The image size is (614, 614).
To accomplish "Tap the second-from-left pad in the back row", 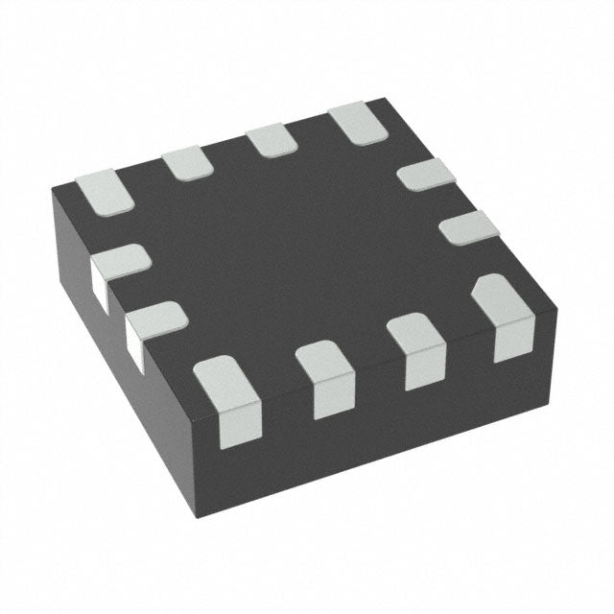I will [x=186, y=161].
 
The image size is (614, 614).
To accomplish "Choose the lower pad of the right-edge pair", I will [x=469, y=226].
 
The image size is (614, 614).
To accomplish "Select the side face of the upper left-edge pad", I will [x=99, y=281].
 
